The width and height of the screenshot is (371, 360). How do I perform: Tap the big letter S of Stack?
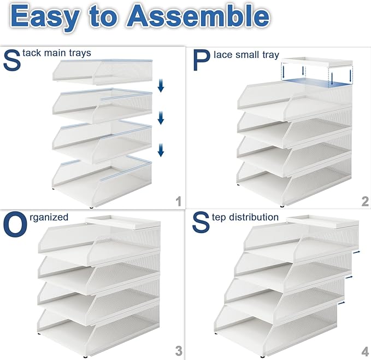(x=12, y=61)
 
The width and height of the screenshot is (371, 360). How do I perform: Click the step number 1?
(x=178, y=201)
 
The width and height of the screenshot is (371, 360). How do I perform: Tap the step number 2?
(x=365, y=201)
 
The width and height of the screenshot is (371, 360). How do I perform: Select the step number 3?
(x=178, y=350)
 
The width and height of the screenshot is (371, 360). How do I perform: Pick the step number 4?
(x=365, y=350)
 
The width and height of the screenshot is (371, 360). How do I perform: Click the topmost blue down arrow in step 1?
(x=161, y=85)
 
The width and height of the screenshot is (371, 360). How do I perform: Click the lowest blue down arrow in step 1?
(x=161, y=149)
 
